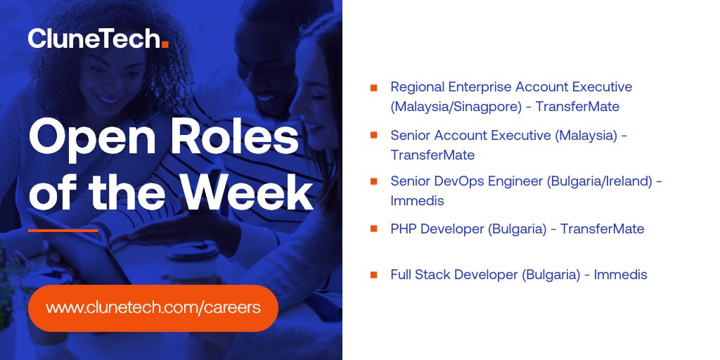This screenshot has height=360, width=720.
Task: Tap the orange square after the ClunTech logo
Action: point(165,44)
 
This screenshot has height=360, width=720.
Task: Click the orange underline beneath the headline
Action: point(63,230)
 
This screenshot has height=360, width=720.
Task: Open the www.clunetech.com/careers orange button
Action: point(153,308)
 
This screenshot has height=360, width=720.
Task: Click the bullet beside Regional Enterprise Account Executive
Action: point(373,88)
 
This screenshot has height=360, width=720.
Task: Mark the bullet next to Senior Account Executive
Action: point(373,135)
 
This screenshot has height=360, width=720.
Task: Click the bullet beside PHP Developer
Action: point(373,229)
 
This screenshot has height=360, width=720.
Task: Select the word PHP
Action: point(404,229)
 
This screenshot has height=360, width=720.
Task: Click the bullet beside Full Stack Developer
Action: point(373,275)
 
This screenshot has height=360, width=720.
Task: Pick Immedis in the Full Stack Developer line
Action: point(620,274)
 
